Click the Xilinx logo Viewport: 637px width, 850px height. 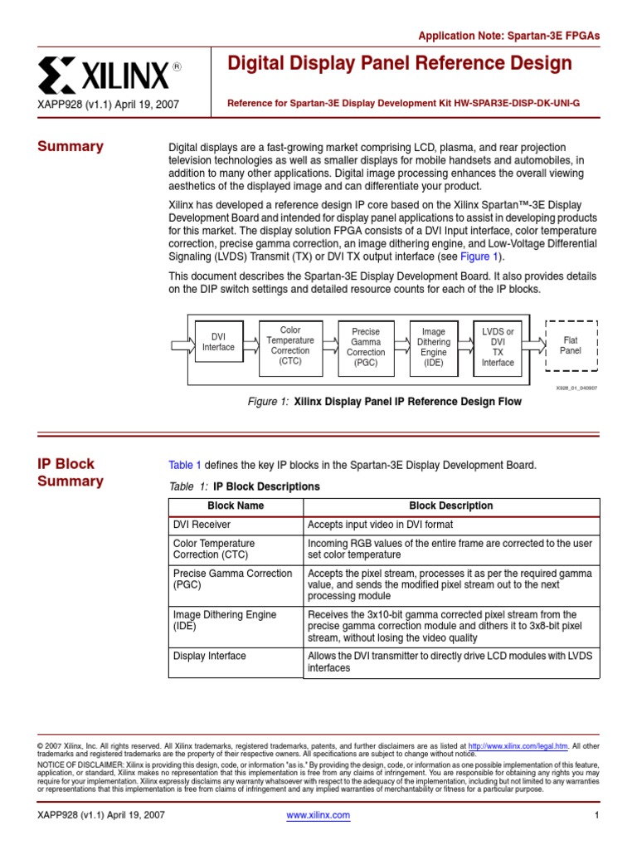(109, 76)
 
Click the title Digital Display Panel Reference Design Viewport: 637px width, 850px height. (400, 64)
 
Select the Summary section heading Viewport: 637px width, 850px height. (71, 147)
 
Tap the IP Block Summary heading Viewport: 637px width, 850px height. (71, 472)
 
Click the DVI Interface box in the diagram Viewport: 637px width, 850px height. (218, 342)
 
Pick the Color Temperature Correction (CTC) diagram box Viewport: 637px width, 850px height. (290, 346)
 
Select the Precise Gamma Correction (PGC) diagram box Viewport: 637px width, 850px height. (365, 347)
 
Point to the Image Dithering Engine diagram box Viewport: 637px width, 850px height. (433, 347)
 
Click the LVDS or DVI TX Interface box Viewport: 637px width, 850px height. (498, 347)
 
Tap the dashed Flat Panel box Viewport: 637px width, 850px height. (571, 345)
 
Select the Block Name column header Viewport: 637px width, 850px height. (236, 506)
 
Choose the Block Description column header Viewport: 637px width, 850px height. (450, 506)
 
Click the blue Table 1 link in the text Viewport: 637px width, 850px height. (185, 465)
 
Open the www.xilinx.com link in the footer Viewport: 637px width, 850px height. (318, 815)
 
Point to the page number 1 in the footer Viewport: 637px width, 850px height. (596, 815)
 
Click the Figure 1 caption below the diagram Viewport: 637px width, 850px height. (385, 402)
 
